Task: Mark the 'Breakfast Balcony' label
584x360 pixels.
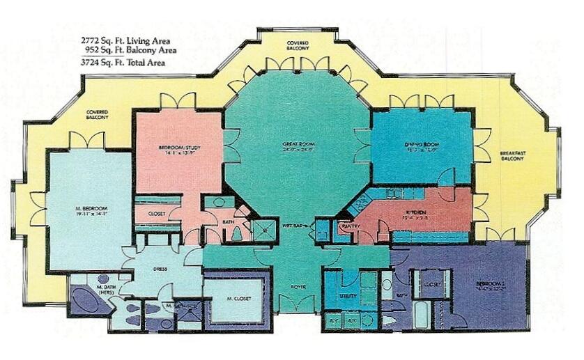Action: tap(515, 157)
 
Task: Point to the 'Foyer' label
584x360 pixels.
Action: tap(298, 286)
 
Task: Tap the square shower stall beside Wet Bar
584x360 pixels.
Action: tap(263, 230)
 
